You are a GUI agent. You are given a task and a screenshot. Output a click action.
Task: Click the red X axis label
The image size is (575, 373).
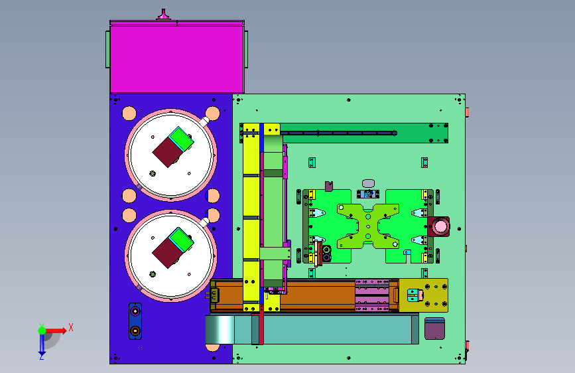point(71,327)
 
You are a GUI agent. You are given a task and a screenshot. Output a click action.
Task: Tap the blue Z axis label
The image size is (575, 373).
point(42,356)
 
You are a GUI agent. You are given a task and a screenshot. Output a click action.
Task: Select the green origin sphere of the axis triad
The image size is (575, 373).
point(42,331)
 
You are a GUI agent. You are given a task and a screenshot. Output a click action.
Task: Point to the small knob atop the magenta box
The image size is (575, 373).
point(164,15)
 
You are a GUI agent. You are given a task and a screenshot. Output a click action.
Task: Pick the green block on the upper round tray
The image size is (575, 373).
point(181,139)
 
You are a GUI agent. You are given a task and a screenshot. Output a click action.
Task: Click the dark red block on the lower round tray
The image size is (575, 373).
point(167,253)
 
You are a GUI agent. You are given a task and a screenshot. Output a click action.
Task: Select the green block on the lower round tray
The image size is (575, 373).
point(181,240)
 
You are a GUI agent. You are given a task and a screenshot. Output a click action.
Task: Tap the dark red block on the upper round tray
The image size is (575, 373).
point(167,152)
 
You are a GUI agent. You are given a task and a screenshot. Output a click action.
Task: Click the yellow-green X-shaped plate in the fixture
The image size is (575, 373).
point(368,226)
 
